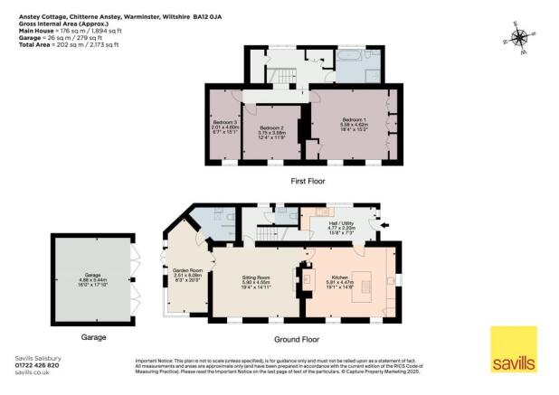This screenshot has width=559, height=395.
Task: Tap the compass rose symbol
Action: pyautogui.click(x=519, y=38)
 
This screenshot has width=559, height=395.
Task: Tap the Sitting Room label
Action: pyautogui.click(x=252, y=279)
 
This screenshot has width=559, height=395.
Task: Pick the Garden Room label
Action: pyautogui.click(x=186, y=272)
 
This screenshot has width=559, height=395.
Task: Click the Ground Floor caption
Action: pyautogui.click(x=299, y=339)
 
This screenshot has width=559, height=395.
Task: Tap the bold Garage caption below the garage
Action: pyautogui.click(x=92, y=337)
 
